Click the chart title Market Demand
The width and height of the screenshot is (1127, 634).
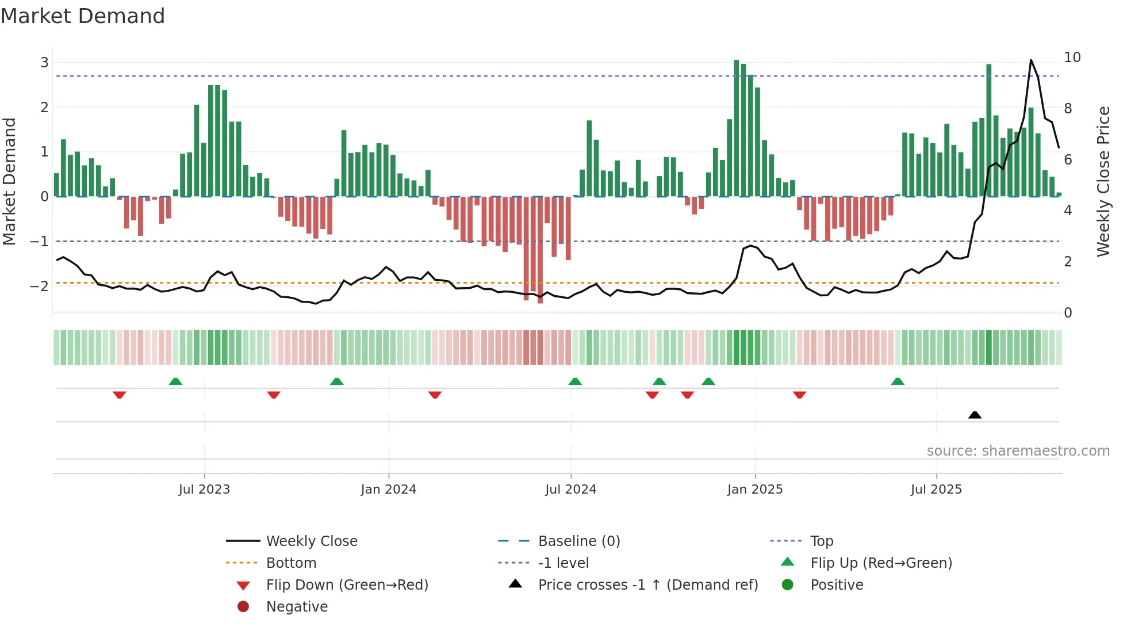coord(83,16)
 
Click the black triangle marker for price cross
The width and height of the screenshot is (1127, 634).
coord(975,415)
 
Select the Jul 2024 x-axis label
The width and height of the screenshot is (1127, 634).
coord(570,490)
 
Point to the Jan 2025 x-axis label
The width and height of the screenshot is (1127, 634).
coord(754,490)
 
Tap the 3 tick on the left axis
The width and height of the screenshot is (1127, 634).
coord(44,62)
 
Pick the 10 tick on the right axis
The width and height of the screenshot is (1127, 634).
coord(1072,58)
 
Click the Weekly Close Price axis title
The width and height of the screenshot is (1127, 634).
coord(1103,181)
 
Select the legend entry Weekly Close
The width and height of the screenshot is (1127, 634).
coord(311,541)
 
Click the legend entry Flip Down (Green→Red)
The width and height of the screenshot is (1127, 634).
coord(347,585)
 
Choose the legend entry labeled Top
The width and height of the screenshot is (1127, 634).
coord(821,541)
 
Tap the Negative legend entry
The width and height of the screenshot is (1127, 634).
coord(297,607)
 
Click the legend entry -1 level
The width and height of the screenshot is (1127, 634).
coord(563,563)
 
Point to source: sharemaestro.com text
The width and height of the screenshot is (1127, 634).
coord(1018,451)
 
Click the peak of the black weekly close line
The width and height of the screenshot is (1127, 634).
coord(1031,60)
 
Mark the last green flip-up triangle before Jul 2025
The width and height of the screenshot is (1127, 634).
coord(898,381)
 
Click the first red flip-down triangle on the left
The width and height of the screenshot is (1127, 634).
coord(120,395)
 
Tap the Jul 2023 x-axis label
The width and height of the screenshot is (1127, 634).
coord(204,490)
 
